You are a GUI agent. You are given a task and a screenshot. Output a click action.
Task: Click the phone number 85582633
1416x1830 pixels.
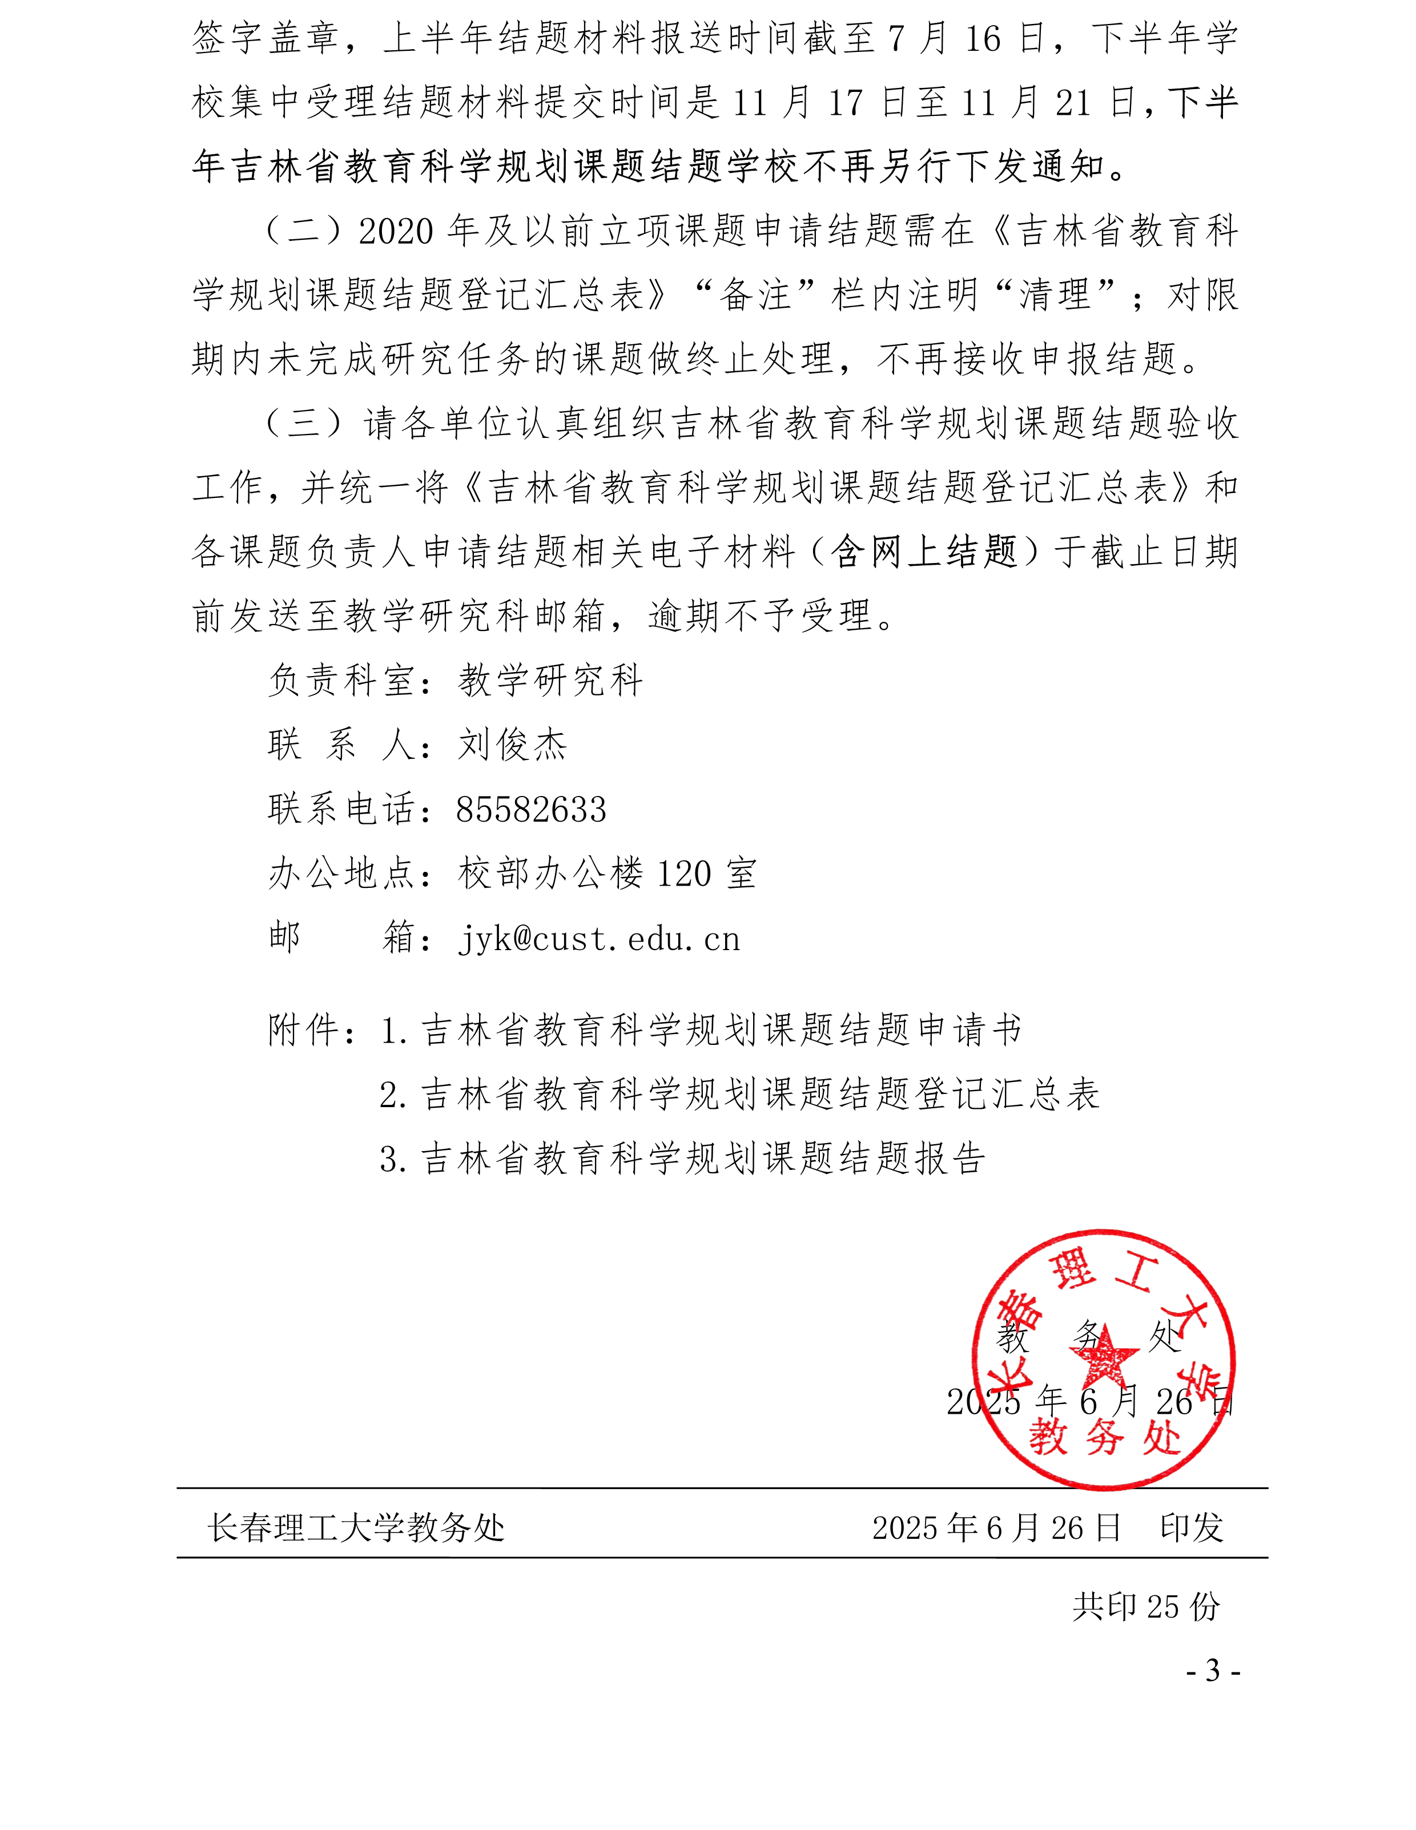(530, 810)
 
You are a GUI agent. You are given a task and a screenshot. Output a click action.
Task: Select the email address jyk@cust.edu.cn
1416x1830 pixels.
(599, 939)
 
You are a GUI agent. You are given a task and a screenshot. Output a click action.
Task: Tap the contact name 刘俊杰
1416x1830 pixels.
(512, 745)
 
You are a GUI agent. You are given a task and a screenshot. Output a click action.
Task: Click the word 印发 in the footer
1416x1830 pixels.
(1190, 1527)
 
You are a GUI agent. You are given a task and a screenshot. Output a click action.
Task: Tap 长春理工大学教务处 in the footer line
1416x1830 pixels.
(356, 1527)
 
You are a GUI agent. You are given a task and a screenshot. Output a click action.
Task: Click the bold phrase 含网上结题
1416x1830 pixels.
(924, 552)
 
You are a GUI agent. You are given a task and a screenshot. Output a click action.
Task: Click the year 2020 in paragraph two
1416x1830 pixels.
(396, 231)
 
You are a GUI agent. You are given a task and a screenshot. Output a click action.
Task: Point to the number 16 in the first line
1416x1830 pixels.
(982, 39)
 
